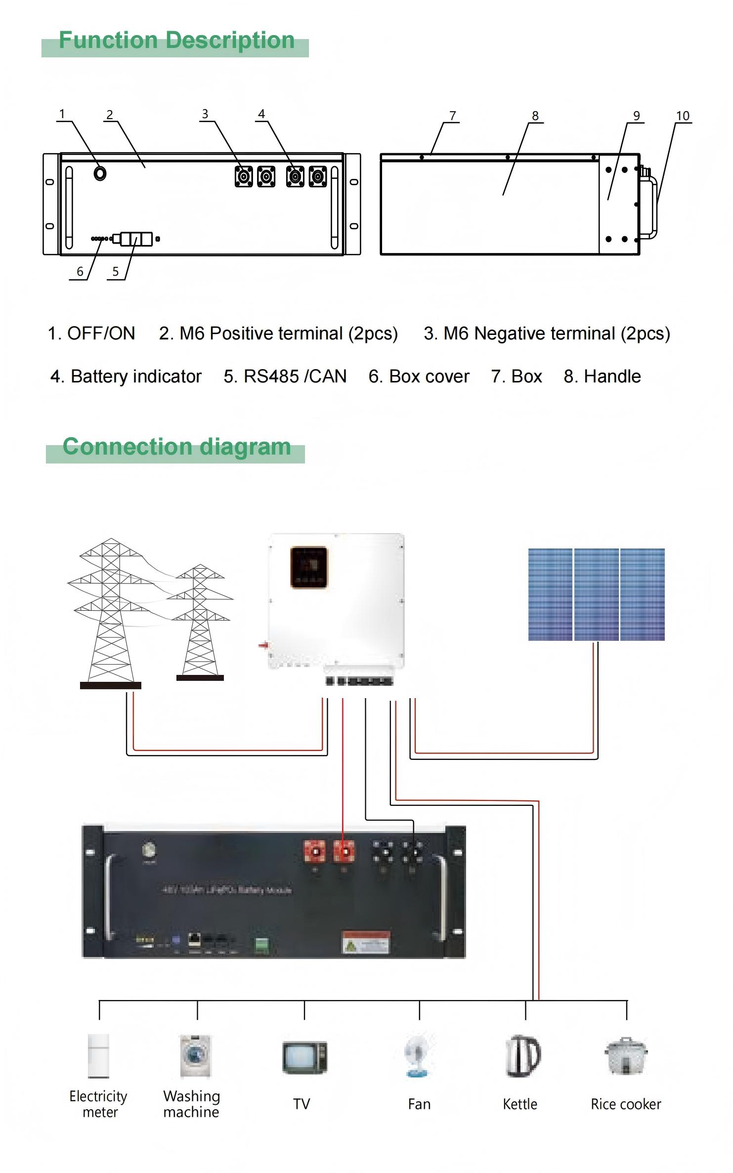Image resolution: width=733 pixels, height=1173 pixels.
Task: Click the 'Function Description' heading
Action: (176, 41)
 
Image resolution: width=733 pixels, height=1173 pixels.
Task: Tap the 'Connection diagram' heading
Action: (176, 447)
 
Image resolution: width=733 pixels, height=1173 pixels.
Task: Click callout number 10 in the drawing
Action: (683, 116)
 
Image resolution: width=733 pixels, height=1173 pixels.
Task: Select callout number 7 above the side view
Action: (452, 116)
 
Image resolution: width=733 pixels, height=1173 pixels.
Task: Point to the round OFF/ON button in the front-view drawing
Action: (100, 173)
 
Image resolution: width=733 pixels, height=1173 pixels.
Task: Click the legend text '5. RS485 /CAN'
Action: (285, 377)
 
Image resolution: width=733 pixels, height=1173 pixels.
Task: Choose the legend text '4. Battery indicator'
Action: (126, 377)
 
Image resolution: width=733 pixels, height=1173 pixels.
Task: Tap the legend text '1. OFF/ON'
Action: (91, 334)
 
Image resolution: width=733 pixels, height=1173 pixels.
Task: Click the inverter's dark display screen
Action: (309, 567)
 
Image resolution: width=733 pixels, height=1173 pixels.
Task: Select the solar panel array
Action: (596, 594)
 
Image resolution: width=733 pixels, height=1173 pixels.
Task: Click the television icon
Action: (304, 1058)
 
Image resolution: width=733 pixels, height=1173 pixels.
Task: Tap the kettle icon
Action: (523, 1056)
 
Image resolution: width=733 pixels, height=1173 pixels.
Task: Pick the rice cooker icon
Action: (626, 1057)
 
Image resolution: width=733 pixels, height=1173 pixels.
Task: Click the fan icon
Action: (419, 1056)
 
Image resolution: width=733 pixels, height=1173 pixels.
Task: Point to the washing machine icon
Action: (195, 1056)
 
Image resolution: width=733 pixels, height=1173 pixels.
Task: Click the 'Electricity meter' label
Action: (98, 1104)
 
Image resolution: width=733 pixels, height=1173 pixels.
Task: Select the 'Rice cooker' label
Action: (626, 1104)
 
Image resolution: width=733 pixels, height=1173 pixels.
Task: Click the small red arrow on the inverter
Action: (263, 645)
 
